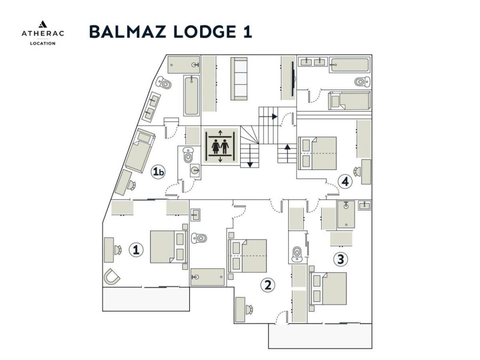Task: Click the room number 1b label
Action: [158, 172]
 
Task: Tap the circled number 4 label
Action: [345, 181]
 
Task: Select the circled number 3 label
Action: [340, 259]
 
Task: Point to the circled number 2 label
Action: [267, 285]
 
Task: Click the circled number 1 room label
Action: [135, 250]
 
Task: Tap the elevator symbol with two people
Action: [220, 147]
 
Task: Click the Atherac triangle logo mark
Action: [42, 25]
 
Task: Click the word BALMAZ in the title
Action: [124, 32]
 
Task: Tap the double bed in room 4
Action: [317, 153]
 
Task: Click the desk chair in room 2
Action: [249, 309]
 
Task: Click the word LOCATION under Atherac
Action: [42, 43]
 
